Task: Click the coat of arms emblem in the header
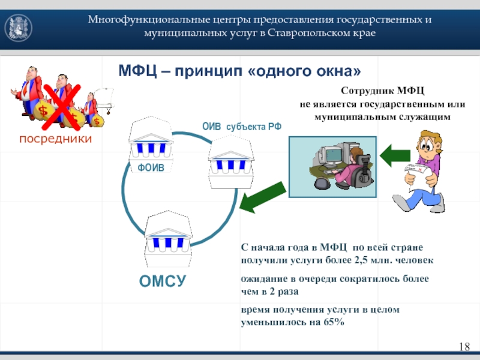point(19,28)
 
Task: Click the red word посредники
point(55,139)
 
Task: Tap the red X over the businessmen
point(61,107)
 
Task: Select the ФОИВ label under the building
point(151,167)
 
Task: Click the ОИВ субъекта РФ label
point(242,127)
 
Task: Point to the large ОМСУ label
point(163,281)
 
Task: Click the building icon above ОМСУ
point(168,239)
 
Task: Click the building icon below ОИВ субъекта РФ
point(231,162)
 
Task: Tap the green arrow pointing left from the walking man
point(395,155)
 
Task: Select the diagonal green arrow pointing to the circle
point(262,197)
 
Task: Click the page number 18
point(464,347)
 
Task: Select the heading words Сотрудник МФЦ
point(383,91)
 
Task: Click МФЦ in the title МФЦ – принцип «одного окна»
point(137,71)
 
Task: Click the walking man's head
point(428,143)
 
